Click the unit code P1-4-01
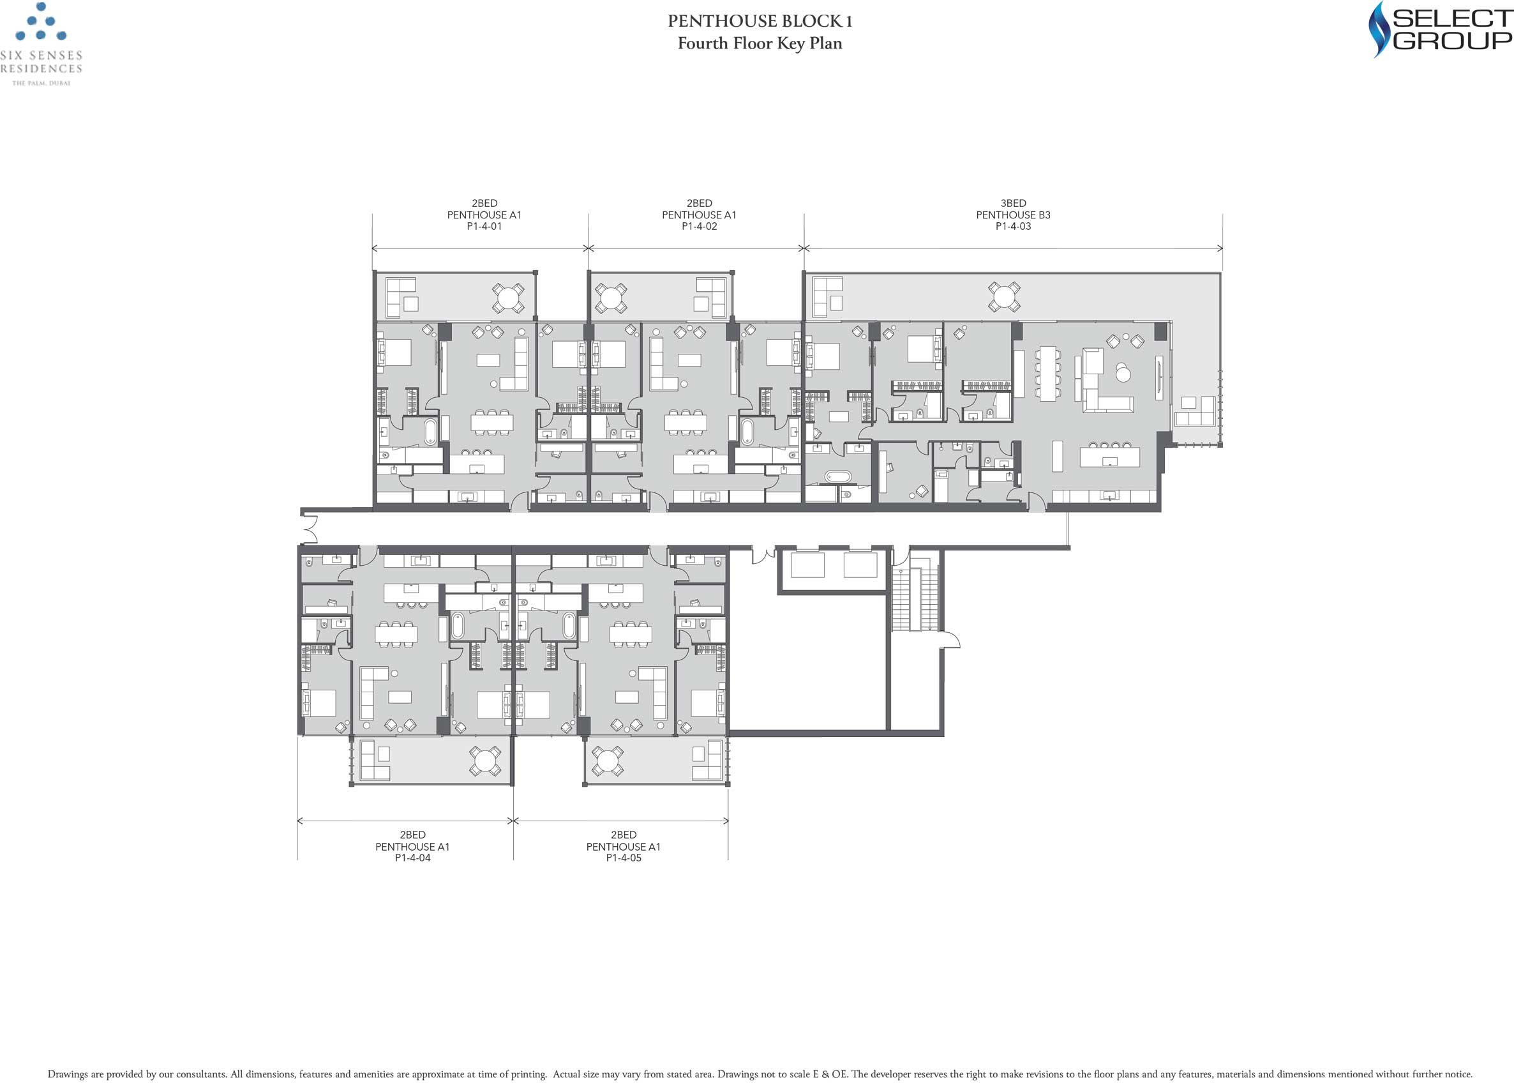tap(484, 226)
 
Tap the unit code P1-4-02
tap(699, 226)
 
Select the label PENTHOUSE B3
tap(1013, 215)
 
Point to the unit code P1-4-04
tap(412, 858)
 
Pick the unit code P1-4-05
tap(624, 858)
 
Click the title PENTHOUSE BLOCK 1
tap(760, 21)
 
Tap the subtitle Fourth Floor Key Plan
tap(760, 43)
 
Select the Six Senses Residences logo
tap(41, 44)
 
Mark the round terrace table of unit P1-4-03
tap(1004, 296)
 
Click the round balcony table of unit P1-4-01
tap(508, 298)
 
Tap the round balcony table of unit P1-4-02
tap(611, 298)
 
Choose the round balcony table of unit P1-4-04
tap(485, 761)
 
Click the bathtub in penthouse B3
tap(838, 477)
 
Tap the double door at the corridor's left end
tap(310, 529)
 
